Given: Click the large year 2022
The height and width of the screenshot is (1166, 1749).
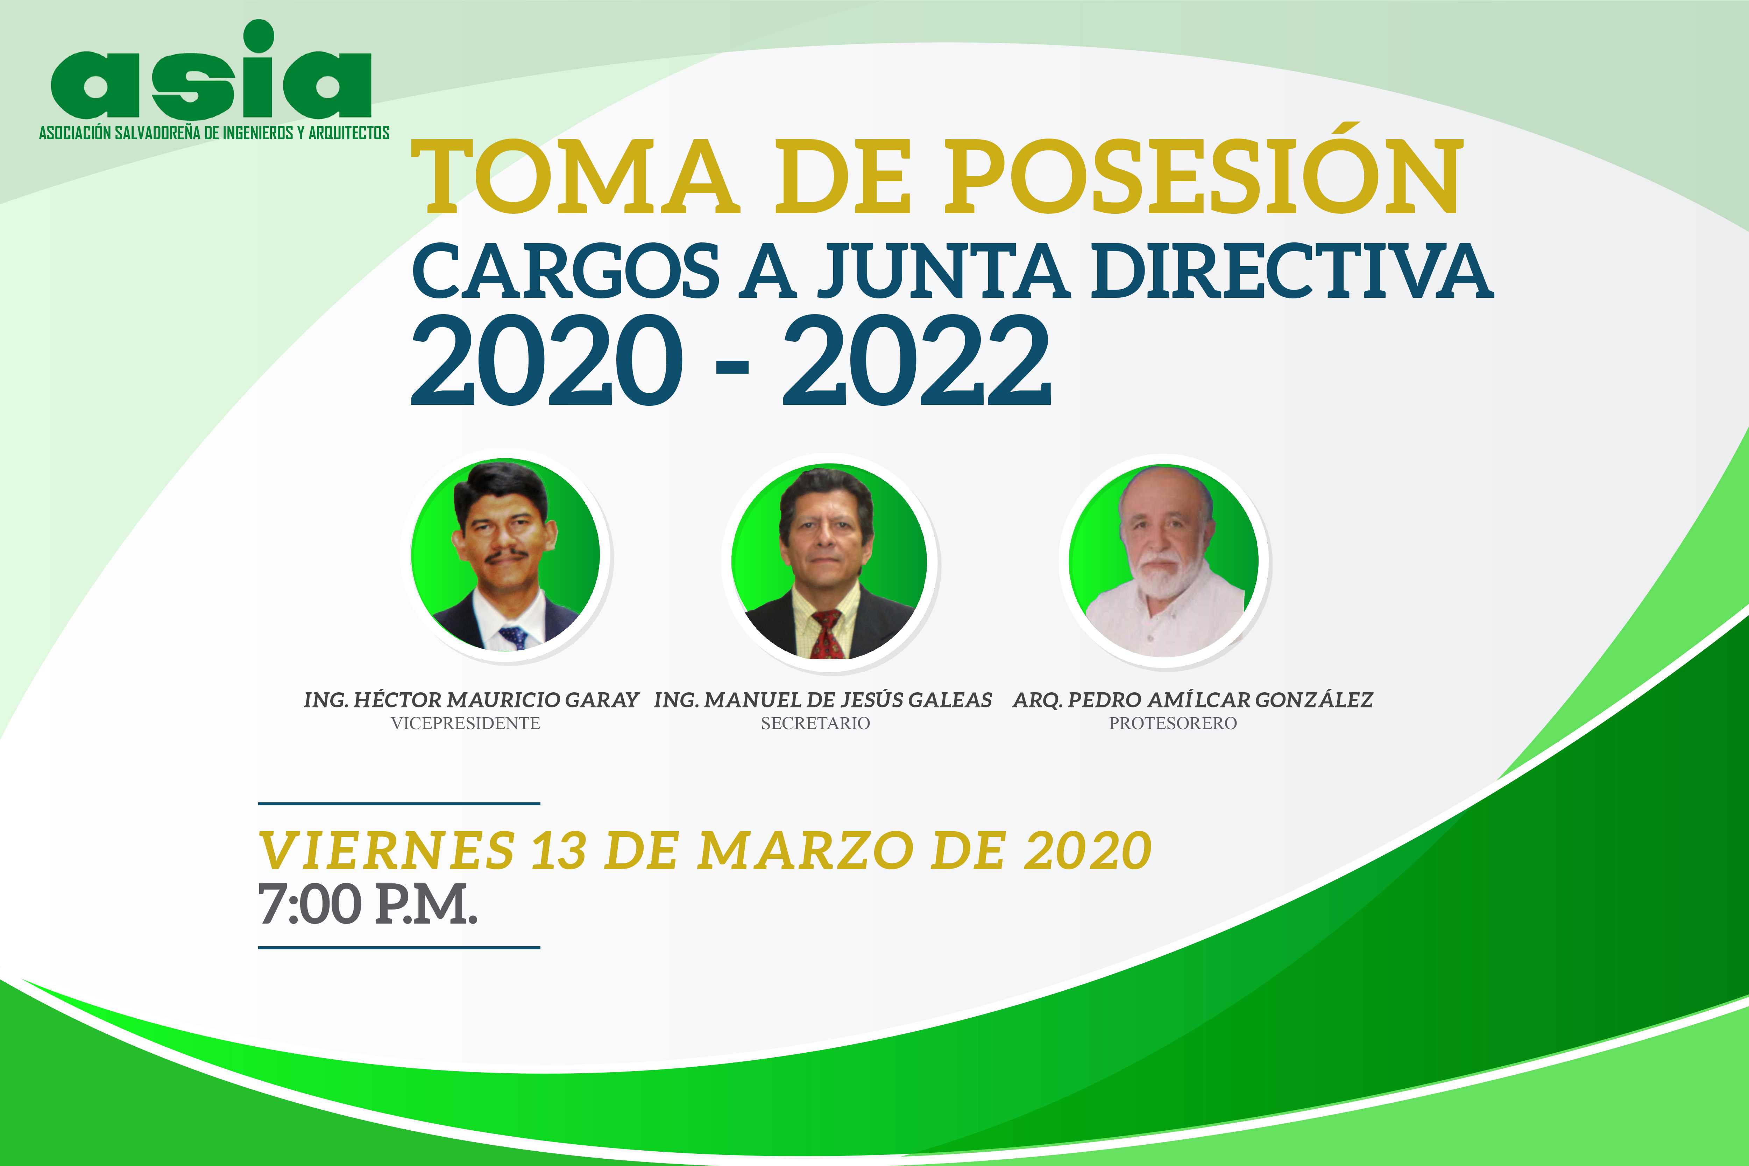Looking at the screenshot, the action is tap(917, 360).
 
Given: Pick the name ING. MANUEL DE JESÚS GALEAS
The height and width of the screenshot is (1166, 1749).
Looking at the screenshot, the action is tap(822, 700).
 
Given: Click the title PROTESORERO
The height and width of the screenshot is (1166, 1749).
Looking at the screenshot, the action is tap(1173, 723).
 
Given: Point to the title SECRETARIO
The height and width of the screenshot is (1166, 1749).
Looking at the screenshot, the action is tap(815, 723).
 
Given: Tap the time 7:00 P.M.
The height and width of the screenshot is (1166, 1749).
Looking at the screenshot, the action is tap(367, 904).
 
